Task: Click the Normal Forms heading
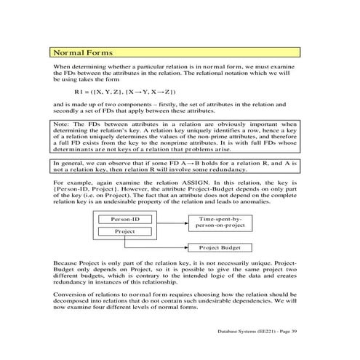[x=81, y=54]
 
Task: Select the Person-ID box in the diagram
[x=125, y=219]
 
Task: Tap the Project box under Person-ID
[x=125, y=231]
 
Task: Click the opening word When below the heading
[x=63, y=67]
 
